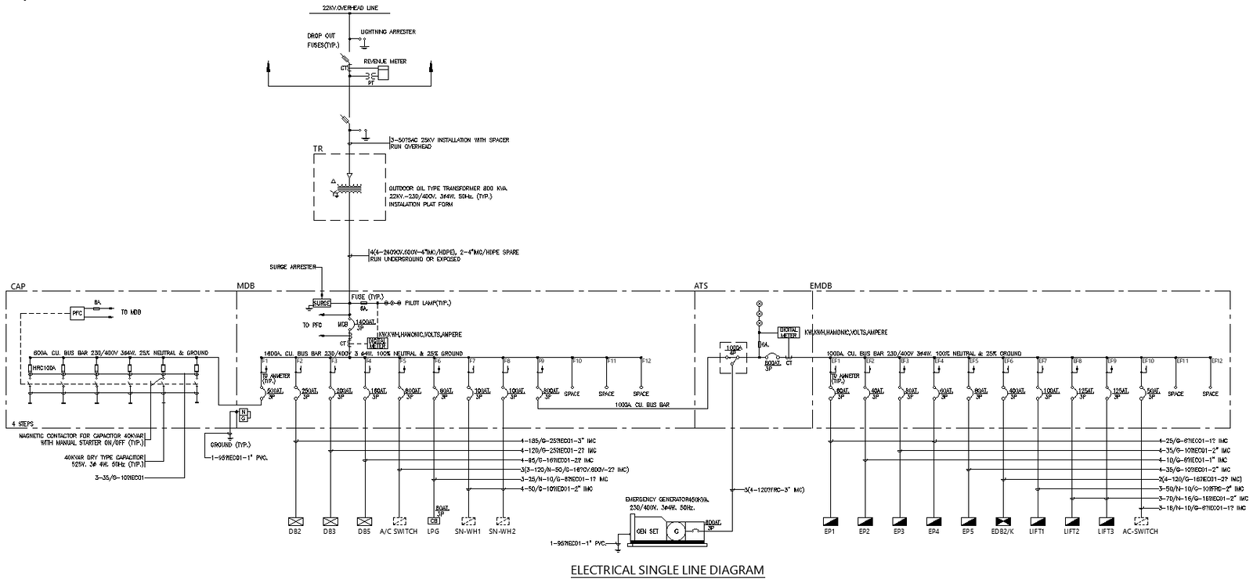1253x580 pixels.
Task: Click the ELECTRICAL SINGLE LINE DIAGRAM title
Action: coord(666,570)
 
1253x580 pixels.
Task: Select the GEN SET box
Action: coord(647,531)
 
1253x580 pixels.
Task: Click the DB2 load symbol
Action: coord(295,521)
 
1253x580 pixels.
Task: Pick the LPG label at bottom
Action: coord(433,531)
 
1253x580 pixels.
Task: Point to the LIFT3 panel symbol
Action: coord(1106,521)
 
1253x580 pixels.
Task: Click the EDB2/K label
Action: coord(1003,531)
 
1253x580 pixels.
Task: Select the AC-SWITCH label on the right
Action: coord(1140,531)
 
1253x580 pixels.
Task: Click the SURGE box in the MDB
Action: coord(322,303)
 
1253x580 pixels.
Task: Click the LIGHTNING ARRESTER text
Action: coord(388,32)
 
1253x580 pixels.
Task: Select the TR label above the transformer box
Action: coord(318,148)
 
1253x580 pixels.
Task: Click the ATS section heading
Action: coord(700,286)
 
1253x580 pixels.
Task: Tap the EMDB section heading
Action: coord(820,286)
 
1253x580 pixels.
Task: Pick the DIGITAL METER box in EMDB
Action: coord(788,333)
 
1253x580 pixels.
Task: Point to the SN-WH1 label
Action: coord(468,531)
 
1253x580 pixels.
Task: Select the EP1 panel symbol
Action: coord(829,521)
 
